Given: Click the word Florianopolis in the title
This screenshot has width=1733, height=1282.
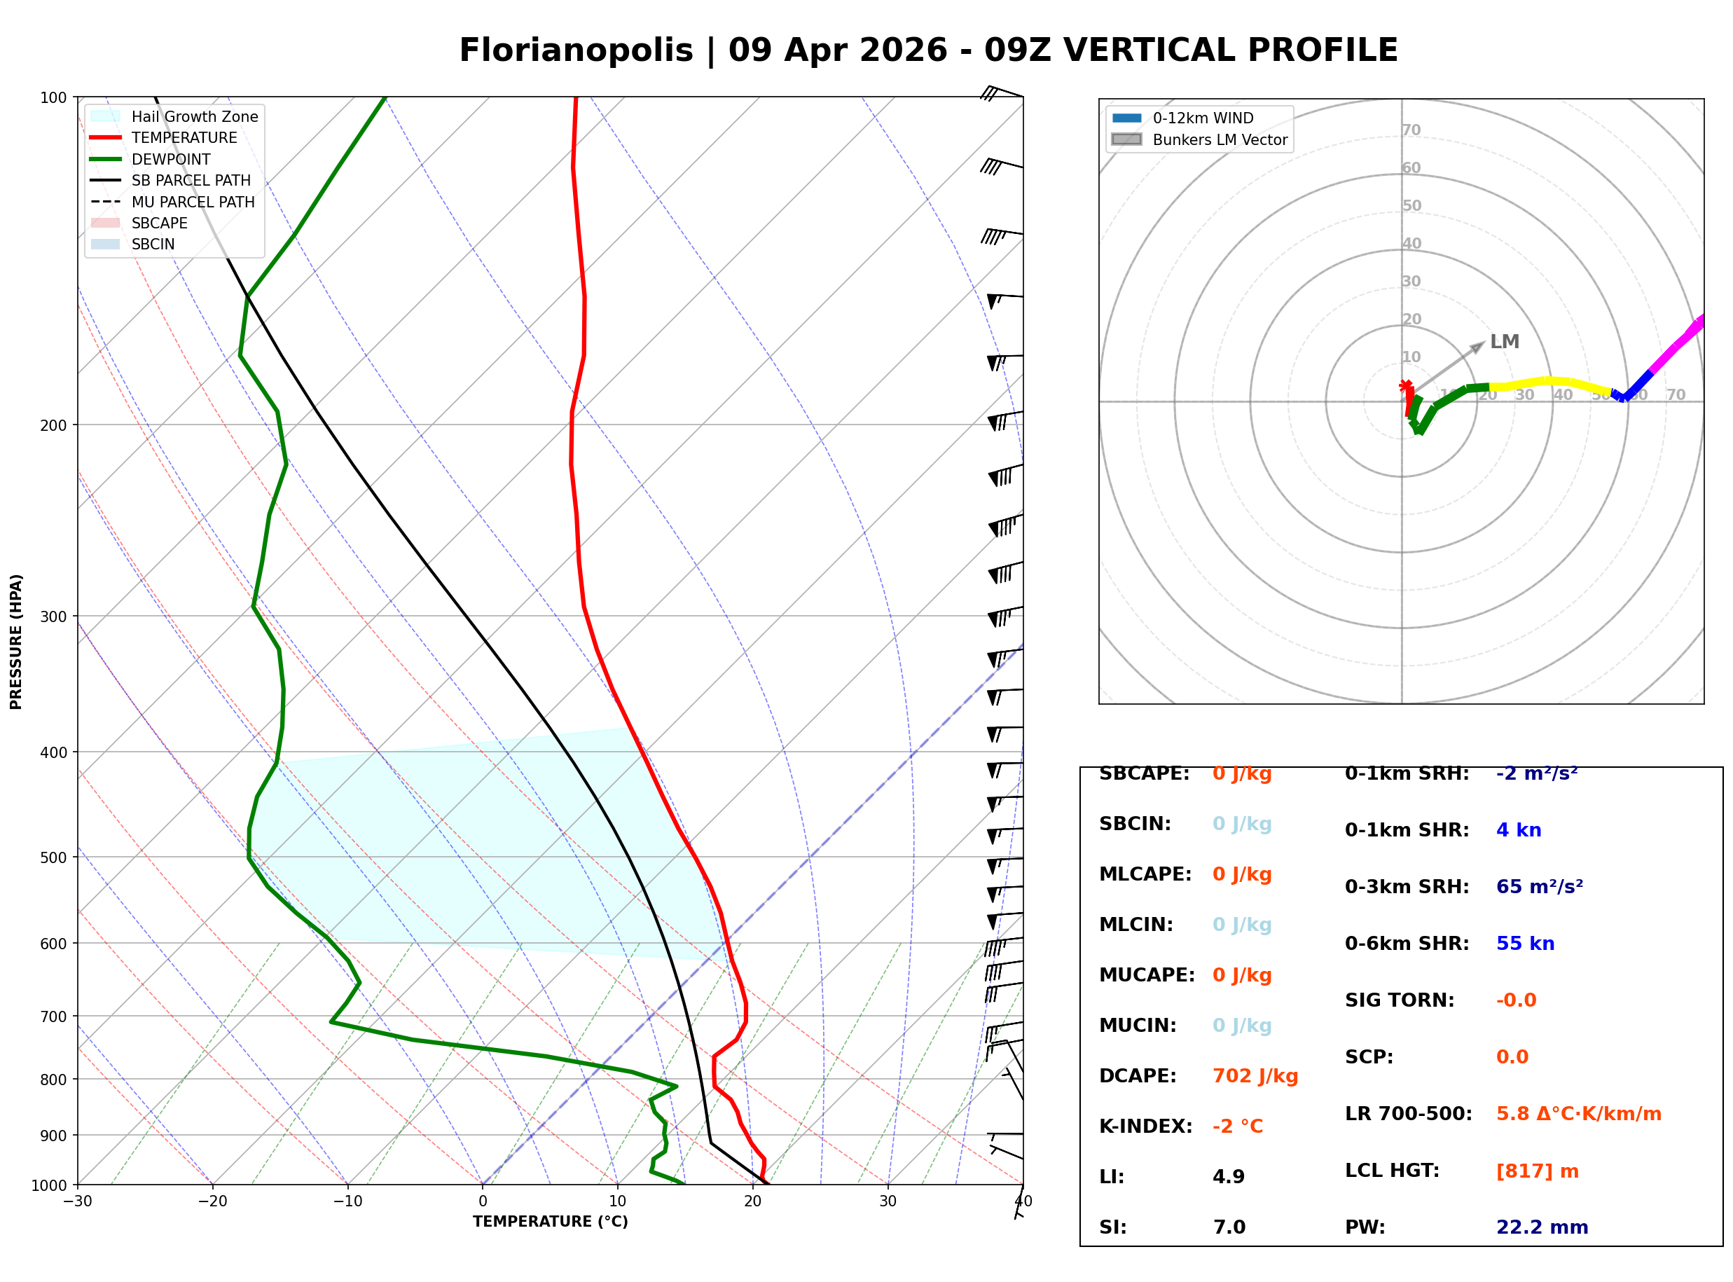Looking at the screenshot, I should click(576, 50).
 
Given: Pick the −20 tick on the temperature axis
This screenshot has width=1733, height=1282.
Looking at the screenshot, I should click(212, 1201).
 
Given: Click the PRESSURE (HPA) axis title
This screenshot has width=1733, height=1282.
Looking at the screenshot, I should click(16, 642).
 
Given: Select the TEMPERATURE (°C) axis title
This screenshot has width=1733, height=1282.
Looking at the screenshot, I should click(550, 1222).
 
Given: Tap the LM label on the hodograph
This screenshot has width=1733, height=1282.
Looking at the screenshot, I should click(1504, 341).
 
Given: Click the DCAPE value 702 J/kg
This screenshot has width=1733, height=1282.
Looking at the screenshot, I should click(1255, 1076).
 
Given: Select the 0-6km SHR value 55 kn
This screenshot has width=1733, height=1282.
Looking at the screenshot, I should click(1525, 944).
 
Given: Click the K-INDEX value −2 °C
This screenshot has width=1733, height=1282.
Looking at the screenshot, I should click(1237, 1126).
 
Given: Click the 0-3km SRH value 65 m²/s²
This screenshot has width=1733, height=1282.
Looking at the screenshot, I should click(1539, 887).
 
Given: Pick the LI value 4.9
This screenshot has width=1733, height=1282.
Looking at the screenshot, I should click(1229, 1177).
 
